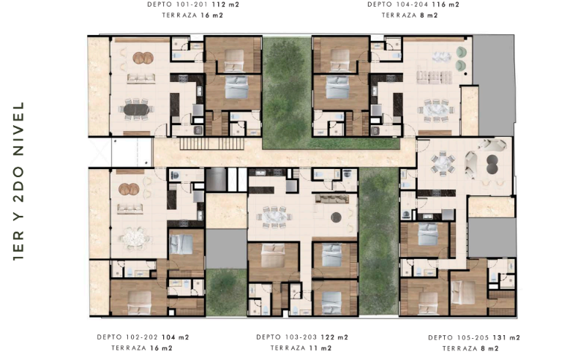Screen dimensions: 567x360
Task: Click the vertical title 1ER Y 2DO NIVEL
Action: [18, 181]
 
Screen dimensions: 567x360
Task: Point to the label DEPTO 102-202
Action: [127, 337]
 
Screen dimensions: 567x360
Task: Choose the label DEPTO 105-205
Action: [459, 337]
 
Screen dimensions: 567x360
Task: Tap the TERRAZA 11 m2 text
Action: [301, 348]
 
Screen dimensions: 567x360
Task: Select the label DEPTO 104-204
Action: [398, 4]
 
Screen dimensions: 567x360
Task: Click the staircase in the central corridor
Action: [212, 143]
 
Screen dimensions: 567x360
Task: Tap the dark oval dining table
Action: [136, 109]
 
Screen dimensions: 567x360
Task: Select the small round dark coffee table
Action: [336, 217]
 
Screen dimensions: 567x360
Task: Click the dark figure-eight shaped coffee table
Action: [492, 164]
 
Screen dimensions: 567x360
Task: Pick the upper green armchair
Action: [461, 52]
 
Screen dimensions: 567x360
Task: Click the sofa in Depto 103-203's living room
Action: [332, 198]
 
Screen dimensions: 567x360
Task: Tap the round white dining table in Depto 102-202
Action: [134, 238]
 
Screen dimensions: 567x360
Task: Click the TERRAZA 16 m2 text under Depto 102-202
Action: [142, 348]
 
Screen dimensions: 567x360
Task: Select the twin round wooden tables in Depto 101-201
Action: [143, 58]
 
